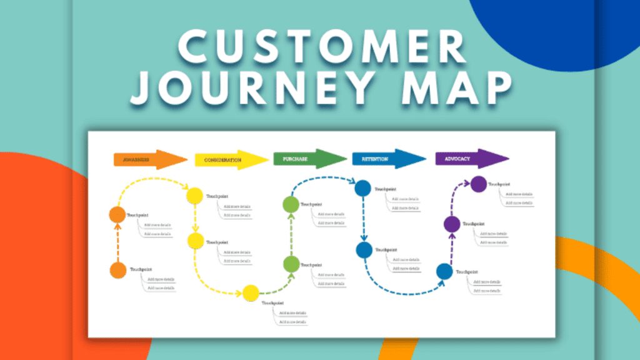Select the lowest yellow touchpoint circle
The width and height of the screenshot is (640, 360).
pyautogui.click(x=251, y=292)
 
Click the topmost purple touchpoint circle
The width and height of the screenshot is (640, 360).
pyautogui.click(x=478, y=184)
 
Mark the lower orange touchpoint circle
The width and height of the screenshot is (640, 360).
pyautogui.click(x=117, y=271)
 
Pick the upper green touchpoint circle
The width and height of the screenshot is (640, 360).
pyautogui.click(x=291, y=204)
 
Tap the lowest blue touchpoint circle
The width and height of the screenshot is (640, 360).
pyautogui.click(x=444, y=271)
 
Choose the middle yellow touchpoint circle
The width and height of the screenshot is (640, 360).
pyautogui.click(x=195, y=241)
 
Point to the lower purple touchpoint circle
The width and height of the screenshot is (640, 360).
pyautogui.click(x=452, y=224)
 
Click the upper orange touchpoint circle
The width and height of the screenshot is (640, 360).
pyautogui.click(x=117, y=215)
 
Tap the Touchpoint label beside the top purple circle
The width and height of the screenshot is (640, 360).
pyautogui.click(x=498, y=184)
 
